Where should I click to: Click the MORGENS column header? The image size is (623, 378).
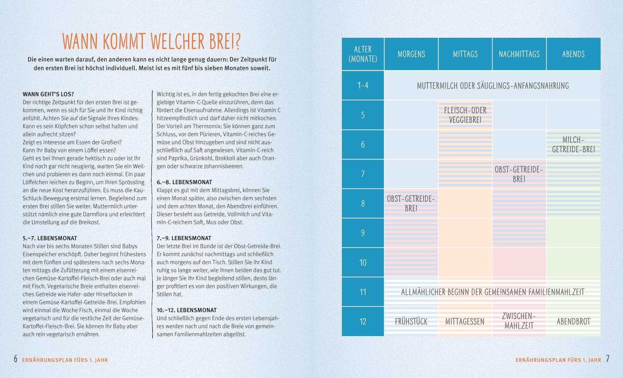pyautogui.click(x=411, y=54)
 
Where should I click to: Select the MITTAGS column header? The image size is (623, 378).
pyautogui.click(x=465, y=54)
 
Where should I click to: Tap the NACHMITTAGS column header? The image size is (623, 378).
pyautogui.click(x=519, y=54)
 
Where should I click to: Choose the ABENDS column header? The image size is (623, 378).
pyautogui.click(x=573, y=54)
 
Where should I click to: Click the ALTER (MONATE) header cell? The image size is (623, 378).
pyautogui.click(x=363, y=54)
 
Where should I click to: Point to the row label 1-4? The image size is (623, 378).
pyautogui.click(x=363, y=85)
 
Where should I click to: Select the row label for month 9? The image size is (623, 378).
pyautogui.click(x=363, y=233)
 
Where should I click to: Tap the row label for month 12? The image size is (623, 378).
pyautogui.click(x=363, y=321)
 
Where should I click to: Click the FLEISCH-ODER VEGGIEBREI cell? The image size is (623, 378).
pyautogui.click(x=465, y=115)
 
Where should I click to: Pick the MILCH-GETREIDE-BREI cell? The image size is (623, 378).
pyautogui.click(x=573, y=144)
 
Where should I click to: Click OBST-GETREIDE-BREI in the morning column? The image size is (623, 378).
pyautogui.click(x=411, y=203)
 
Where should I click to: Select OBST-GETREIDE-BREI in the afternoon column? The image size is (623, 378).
pyautogui.click(x=519, y=174)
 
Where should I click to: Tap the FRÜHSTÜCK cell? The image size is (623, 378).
pyautogui.click(x=411, y=321)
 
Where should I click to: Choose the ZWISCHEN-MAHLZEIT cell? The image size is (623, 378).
pyautogui.click(x=519, y=321)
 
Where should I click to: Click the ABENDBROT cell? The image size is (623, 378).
pyautogui.click(x=573, y=321)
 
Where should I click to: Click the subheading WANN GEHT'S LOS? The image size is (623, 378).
pyautogui.click(x=48, y=94)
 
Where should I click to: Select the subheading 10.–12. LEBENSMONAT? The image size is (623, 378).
pyautogui.click(x=186, y=310)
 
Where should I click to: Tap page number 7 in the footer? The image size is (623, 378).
pyautogui.click(x=607, y=359)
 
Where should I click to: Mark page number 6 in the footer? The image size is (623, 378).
pyautogui.click(x=16, y=359)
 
